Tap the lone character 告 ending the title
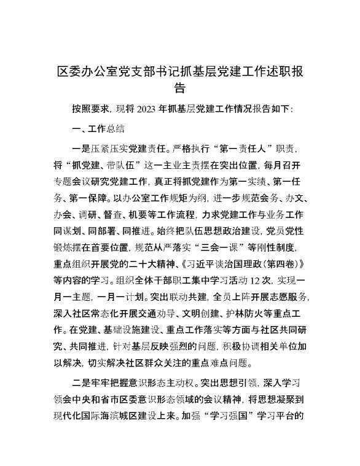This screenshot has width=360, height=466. coord(180,88)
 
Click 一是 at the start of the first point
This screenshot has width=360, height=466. coord(82,148)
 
